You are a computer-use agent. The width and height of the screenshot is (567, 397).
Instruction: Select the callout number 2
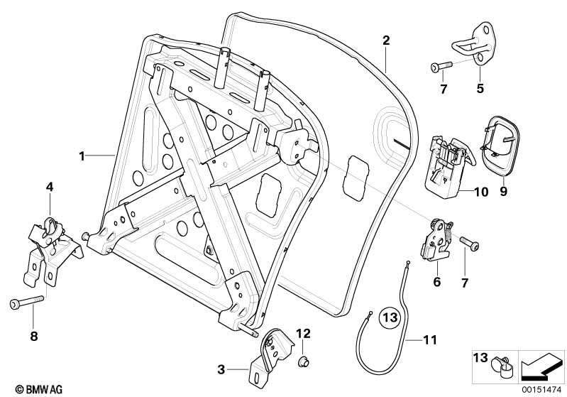(x=385, y=40)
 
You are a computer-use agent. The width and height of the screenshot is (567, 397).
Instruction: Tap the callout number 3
(x=221, y=369)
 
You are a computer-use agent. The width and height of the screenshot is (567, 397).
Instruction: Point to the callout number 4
(x=50, y=187)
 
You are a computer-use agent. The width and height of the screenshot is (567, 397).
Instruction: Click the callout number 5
(x=480, y=89)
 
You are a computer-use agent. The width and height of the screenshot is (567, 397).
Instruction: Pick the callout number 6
(x=437, y=282)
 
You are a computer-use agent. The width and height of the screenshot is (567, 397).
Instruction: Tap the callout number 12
(x=303, y=333)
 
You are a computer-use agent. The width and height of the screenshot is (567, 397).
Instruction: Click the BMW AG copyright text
(x=26, y=388)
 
